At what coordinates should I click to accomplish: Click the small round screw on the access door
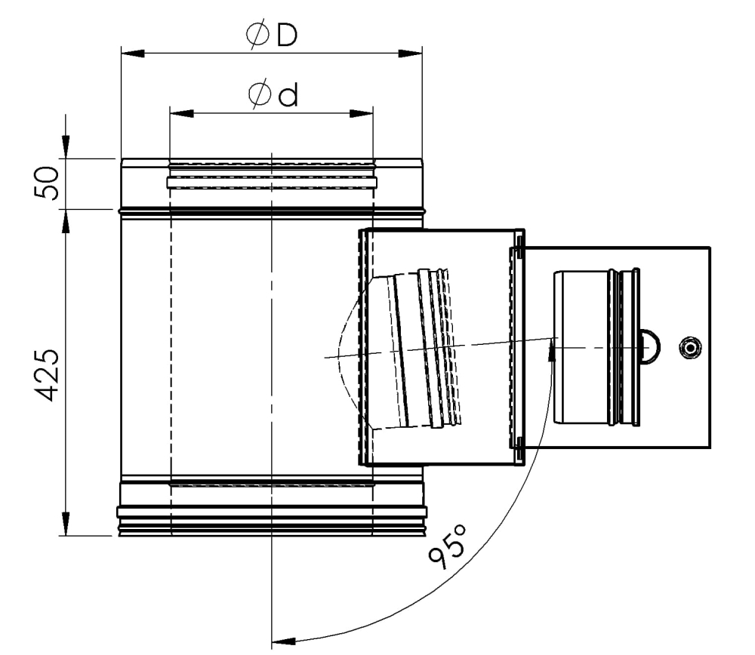click(689, 347)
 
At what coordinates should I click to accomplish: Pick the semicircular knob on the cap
click(650, 346)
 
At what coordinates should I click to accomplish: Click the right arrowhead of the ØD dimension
click(411, 54)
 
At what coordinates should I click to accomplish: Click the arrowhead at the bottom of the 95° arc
click(282, 642)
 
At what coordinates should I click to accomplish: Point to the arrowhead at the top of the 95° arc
click(553, 349)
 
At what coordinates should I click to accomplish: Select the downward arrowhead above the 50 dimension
click(66, 147)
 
